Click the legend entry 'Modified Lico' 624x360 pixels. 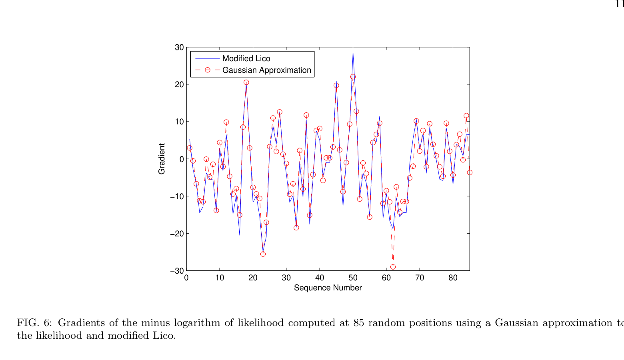tap(246, 59)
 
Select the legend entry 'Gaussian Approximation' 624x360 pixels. tap(266, 70)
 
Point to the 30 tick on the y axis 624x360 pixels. tap(179, 48)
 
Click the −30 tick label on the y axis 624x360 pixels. tap(177, 271)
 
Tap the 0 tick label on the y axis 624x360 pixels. tap(182, 159)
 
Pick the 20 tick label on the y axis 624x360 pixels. tap(179, 85)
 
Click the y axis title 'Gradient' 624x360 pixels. tap(162, 159)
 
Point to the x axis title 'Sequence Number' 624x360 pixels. tap(328, 288)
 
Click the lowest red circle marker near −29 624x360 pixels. tap(393, 267)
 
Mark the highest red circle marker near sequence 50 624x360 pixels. tap(353, 77)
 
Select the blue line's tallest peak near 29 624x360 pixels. tap(353, 52)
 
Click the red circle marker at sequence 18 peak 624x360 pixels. tap(246, 82)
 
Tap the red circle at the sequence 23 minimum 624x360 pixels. tap(263, 254)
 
